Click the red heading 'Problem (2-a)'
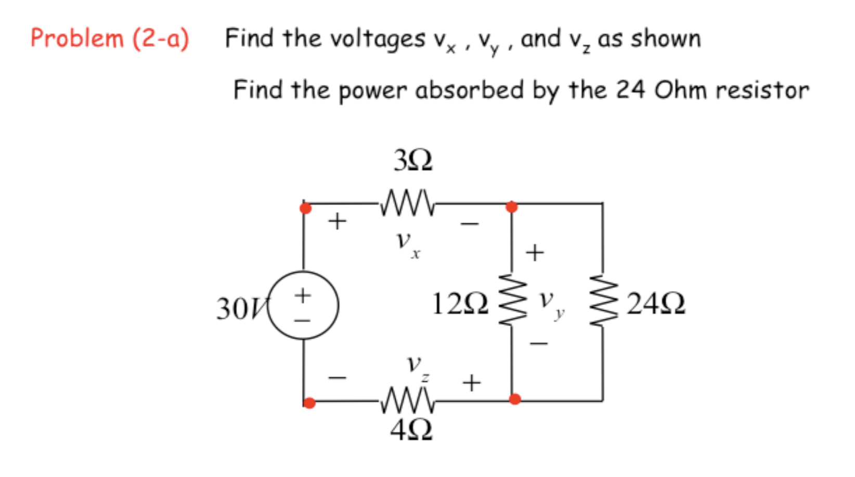click(x=109, y=38)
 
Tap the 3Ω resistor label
click(x=413, y=160)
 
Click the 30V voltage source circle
click(x=304, y=305)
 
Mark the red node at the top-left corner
click(x=306, y=208)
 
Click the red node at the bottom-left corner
click(x=309, y=403)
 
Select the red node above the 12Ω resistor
click(x=512, y=207)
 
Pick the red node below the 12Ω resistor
click(x=515, y=399)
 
